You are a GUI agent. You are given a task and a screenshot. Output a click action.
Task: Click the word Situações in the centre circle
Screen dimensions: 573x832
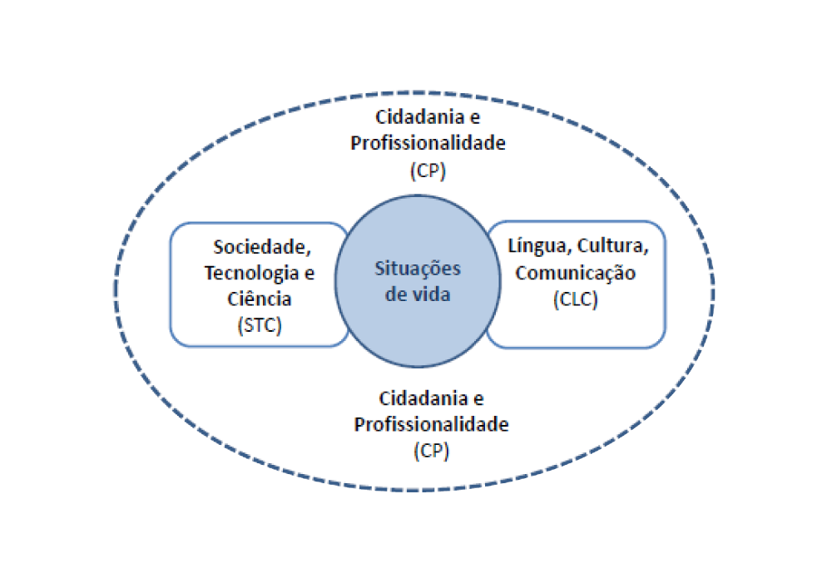point(417,269)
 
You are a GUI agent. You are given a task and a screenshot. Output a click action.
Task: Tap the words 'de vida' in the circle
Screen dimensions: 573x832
point(418,294)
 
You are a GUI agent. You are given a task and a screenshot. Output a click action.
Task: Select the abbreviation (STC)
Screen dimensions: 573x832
point(259,325)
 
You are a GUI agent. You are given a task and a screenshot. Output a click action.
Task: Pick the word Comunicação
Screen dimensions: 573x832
point(576,273)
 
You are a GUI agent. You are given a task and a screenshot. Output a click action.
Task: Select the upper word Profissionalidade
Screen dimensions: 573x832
point(428,143)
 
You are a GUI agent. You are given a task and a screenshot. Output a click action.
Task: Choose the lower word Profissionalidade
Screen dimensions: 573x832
point(431,424)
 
